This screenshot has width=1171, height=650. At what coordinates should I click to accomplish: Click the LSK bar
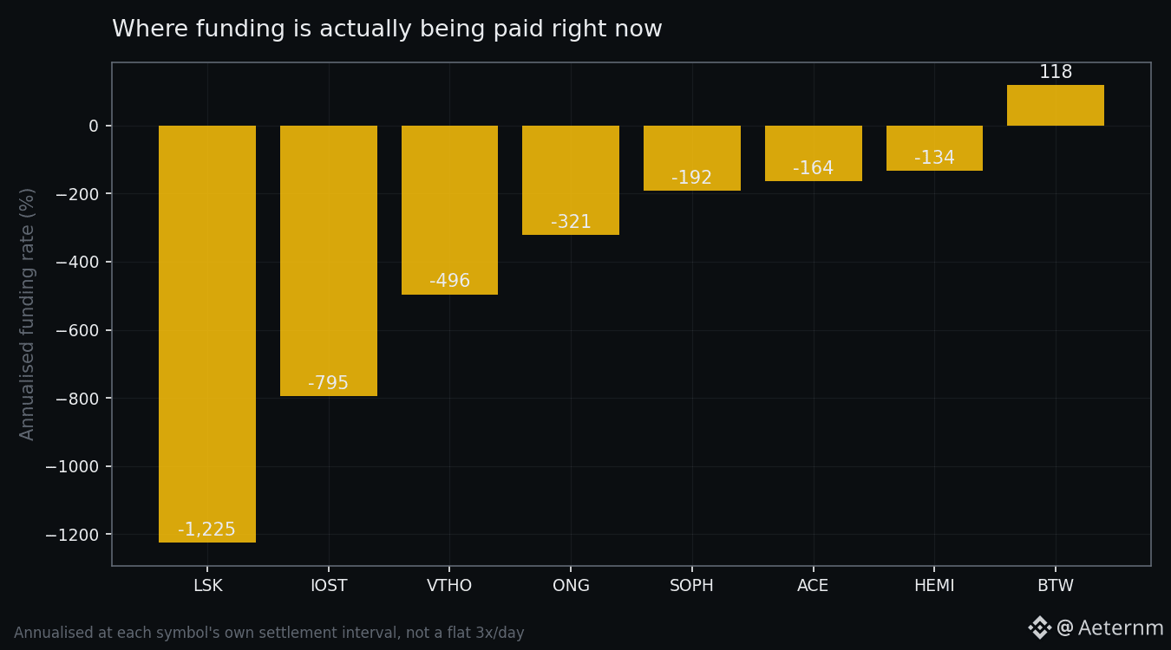coord(207,334)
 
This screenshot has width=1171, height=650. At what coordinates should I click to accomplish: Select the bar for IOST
coord(328,261)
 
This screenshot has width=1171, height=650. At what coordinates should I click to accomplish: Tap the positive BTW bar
coord(1056,105)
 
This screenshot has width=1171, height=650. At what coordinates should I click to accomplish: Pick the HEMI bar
coord(934,148)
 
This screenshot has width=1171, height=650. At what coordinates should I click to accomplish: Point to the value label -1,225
coord(207,530)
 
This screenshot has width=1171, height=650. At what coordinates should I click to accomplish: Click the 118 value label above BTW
coord(1056,72)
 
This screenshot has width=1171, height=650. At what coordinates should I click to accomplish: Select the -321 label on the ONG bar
coord(571,222)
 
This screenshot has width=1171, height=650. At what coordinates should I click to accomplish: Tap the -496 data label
coord(449,281)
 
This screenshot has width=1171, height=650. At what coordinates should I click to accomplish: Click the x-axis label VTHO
coord(449,585)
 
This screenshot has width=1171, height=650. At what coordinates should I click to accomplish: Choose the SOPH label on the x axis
coord(691,585)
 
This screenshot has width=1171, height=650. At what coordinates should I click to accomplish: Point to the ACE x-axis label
coord(813,585)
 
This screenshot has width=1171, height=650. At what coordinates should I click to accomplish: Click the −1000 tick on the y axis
coord(72,466)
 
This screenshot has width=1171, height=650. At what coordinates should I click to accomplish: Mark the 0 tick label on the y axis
coord(94,126)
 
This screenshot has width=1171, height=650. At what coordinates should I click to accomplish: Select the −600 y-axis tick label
coord(77,330)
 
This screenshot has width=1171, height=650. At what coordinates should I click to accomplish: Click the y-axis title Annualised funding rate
coord(27,315)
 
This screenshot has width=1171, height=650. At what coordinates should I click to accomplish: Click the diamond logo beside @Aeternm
coord(1039,627)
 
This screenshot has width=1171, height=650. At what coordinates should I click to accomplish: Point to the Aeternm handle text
coord(1109,627)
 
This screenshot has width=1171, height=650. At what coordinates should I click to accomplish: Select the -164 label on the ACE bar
coord(813,168)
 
